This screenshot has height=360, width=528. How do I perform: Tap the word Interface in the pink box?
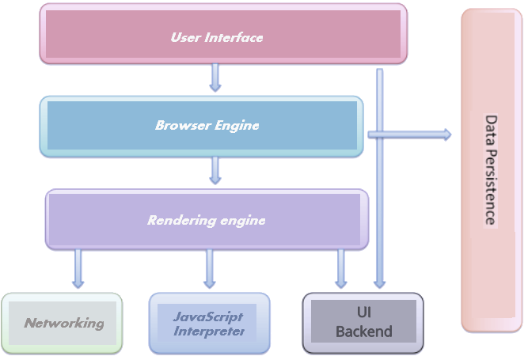[233, 37]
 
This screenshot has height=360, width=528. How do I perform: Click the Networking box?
[63, 323]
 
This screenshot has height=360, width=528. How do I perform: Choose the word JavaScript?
[208, 316]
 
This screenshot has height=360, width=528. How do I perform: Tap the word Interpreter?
[208, 331]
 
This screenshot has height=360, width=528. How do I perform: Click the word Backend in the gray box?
[363, 332]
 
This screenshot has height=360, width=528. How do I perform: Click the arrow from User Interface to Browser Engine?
[215, 78]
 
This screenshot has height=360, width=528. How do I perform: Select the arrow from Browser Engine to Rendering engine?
[215, 170]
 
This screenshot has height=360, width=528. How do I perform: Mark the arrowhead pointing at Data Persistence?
[446, 135]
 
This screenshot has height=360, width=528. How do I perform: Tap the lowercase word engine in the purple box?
[242, 220]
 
